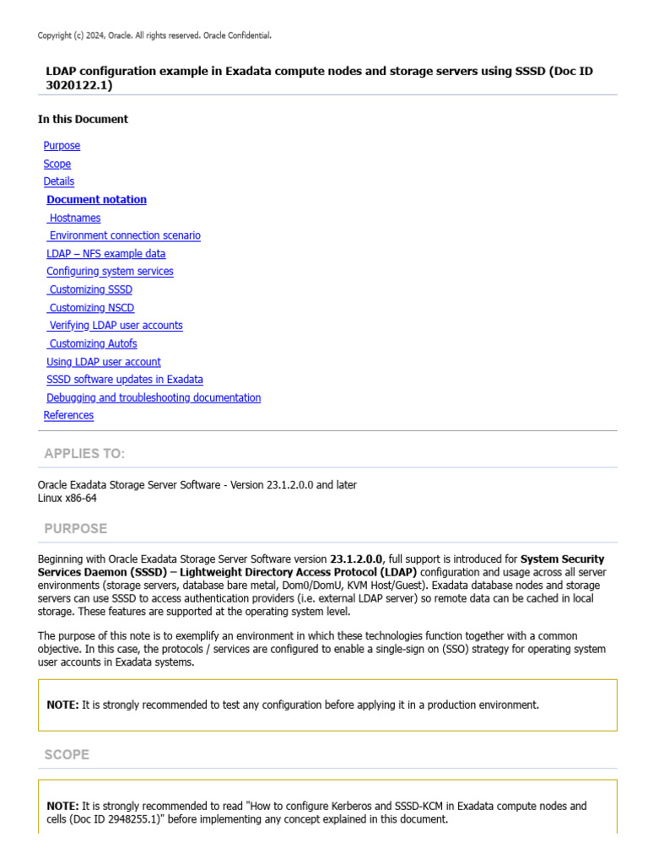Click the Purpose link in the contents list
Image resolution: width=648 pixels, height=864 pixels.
tap(62, 146)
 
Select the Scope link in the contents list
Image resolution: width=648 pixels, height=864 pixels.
tap(57, 164)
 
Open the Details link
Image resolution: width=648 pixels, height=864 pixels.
tap(59, 181)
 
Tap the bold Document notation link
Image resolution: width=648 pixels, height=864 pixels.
tap(96, 200)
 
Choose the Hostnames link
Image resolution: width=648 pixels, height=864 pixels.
tap(75, 218)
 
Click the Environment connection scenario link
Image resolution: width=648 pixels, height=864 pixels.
tap(125, 235)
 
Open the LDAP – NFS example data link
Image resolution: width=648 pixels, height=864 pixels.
tap(105, 254)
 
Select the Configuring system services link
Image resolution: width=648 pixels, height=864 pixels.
tap(110, 272)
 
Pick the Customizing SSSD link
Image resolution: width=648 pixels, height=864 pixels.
tap(90, 289)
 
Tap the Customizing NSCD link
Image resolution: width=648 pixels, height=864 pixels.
tap(91, 308)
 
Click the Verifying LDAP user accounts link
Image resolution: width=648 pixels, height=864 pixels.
tap(116, 326)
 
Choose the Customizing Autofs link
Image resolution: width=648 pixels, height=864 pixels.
tap(93, 343)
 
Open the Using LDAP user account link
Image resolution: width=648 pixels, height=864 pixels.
tap(103, 362)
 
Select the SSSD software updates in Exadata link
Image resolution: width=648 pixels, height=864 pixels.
tap(125, 380)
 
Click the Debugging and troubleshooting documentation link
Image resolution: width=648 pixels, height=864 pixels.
tap(154, 397)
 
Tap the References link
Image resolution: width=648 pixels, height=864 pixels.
tap(68, 415)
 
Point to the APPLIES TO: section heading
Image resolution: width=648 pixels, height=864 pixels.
tap(84, 454)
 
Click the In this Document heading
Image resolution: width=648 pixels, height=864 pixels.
tap(83, 119)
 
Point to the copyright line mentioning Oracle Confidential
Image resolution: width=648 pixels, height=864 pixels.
tap(154, 35)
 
